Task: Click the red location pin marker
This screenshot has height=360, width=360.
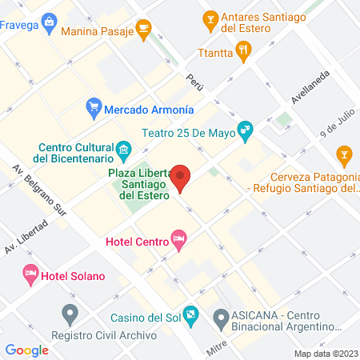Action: pyautogui.click(x=182, y=178)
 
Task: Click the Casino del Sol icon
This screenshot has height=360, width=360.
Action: pyautogui.click(x=190, y=314)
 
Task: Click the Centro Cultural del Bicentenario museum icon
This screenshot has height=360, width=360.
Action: pyautogui.click(x=124, y=149)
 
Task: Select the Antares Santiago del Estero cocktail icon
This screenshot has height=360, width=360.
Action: pyautogui.click(x=210, y=17)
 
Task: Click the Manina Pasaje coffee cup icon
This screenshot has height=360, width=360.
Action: pyautogui.click(x=143, y=30)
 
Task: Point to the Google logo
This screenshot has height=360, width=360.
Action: pyautogui.click(x=27, y=350)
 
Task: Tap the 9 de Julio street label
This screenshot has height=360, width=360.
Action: pyautogui.click(x=337, y=123)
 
